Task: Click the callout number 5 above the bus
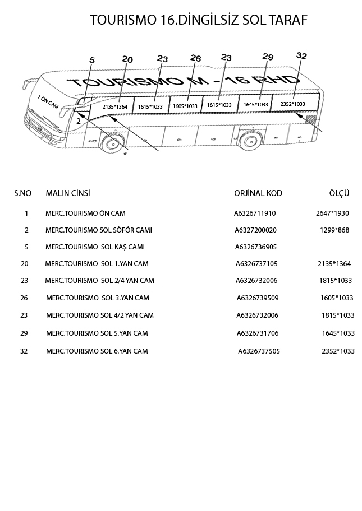click(x=93, y=61)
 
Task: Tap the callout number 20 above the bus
click(x=127, y=59)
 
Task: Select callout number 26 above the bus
click(x=195, y=58)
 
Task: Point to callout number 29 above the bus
click(x=268, y=57)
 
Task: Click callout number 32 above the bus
click(x=301, y=55)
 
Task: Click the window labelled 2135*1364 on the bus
click(x=115, y=106)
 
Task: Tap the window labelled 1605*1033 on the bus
click(x=185, y=106)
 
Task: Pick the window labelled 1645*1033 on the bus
click(x=255, y=104)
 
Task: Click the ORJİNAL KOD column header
click(x=258, y=193)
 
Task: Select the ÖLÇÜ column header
click(x=339, y=193)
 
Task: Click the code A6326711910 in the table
click(x=255, y=213)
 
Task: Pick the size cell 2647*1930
click(x=332, y=213)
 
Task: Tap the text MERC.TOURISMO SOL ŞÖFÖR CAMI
click(x=99, y=230)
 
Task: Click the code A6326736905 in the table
click(x=256, y=247)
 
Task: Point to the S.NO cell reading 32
click(x=24, y=351)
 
